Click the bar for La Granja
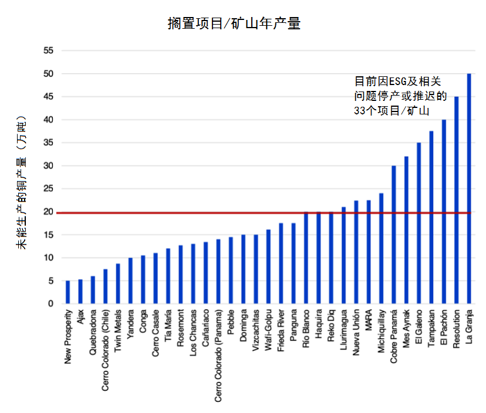pos(469,188)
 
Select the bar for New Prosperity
pos(67,292)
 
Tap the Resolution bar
pos(457,200)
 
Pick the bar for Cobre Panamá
pos(394,235)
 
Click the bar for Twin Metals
pos(118,283)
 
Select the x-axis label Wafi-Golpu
pos(269,331)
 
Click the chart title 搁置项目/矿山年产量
pos(234,24)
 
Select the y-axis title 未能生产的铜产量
pos(22,182)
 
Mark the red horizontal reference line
pos(176,213)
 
